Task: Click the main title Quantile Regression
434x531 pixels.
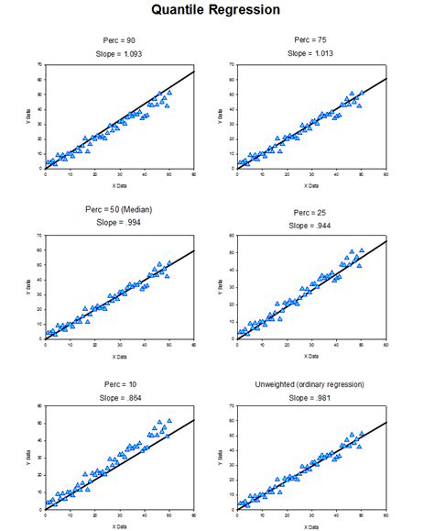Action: click(x=216, y=10)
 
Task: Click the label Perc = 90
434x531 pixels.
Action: click(x=120, y=41)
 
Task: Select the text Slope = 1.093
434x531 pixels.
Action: click(x=120, y=54)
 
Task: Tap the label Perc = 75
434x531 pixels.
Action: click(x=311, y=40)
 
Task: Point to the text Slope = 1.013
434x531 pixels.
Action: click(x=311, y=53)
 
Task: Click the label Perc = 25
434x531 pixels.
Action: click(x=311, y=213)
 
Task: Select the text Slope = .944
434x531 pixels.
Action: click(x=311, y=226)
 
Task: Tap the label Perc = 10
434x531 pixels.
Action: click(x=120, y=383)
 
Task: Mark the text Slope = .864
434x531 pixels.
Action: click(x=120, y=396)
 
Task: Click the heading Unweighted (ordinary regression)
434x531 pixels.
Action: click(x=311, y=383)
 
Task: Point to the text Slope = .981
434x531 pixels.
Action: click(x=311, y=396)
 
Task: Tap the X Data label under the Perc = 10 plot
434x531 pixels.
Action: click(x=120, y=526)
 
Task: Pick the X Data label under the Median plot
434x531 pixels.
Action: click(x=120, y=356)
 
